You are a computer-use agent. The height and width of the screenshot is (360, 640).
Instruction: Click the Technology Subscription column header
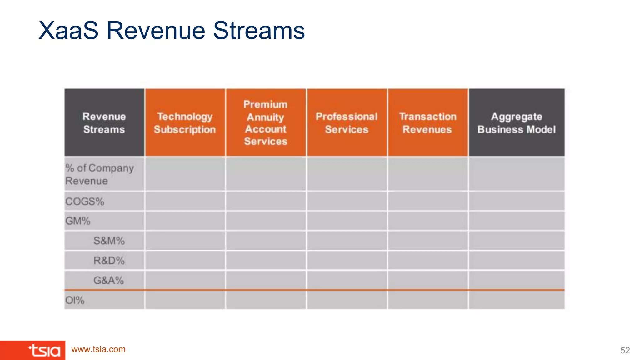tap(185, 122)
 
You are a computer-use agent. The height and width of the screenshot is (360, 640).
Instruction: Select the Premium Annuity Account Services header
tap(266, 122)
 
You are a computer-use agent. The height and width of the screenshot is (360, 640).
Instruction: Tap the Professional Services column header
tap(347, 122)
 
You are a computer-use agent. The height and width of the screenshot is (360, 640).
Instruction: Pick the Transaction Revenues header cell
tap(427, 122)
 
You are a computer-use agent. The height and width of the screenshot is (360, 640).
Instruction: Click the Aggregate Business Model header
tap(516, 122)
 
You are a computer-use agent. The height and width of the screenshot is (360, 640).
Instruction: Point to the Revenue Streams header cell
tap(104, 122)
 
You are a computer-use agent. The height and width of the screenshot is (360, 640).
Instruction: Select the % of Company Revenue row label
tap(99, 174)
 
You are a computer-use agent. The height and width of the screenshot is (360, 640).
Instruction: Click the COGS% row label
tap(85, 202)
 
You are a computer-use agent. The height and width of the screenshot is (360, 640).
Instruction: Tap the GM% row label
tap(78, 221)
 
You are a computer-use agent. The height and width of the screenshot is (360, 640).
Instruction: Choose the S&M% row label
tap(109, 241)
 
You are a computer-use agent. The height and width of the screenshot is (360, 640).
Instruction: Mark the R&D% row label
tap(109, 261)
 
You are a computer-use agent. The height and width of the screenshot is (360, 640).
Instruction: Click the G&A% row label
tap(109, 280)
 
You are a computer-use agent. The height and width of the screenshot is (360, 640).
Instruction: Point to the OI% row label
tap(75, 300)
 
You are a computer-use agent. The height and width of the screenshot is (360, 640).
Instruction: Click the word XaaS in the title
tap(68, 31)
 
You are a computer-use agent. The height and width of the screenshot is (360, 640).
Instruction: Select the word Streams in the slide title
tap(259, 31)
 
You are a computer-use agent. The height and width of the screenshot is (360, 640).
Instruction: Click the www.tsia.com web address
tap(98, 349)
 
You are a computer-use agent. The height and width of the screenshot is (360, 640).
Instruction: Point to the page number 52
tap(625, 350)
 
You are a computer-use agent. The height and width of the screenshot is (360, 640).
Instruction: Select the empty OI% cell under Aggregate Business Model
tap(516, 300)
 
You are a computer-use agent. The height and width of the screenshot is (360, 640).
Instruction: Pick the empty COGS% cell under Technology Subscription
tap(185, 202)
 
